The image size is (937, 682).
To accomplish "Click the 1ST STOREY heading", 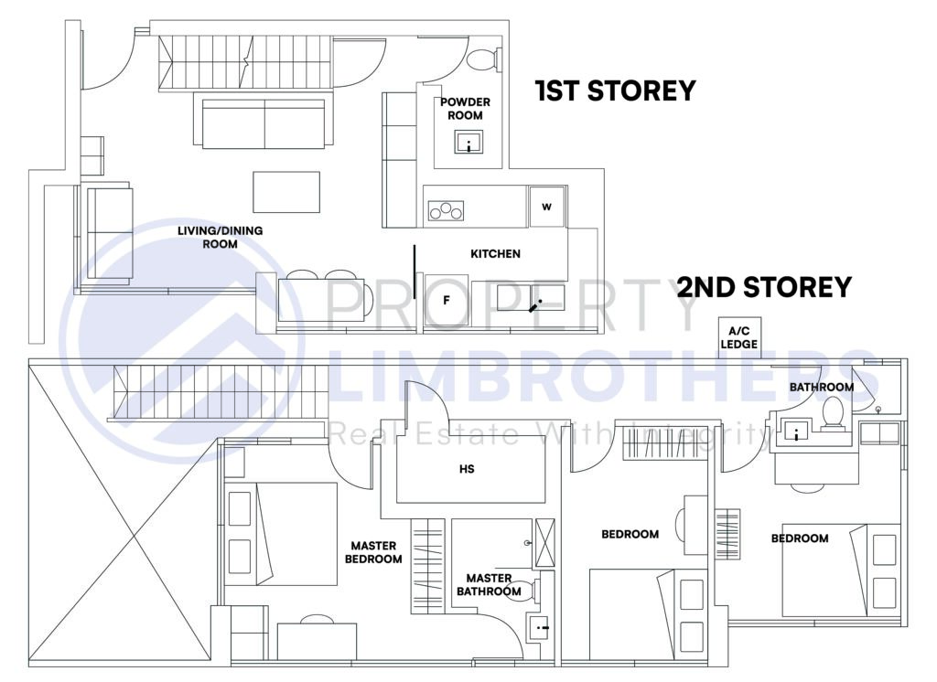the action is [x=616, y=91].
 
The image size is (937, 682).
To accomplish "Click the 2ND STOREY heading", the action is [x=764, y=287].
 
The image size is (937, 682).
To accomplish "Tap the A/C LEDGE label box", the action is [x=739, y=337].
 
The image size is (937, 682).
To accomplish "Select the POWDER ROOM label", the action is [x=465, y=109].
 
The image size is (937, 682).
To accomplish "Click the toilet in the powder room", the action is [x=483, y=59].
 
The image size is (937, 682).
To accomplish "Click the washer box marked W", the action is [x=547, y=207].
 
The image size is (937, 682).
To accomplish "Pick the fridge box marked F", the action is [x=447, y=301].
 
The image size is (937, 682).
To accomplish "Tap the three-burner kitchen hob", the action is [x=446, y=211].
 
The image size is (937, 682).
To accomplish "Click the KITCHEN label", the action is [x=495, y=254].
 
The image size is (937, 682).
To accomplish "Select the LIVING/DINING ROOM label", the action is [x=220, y=237].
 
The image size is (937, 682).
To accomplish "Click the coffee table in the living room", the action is [x=286, y=192].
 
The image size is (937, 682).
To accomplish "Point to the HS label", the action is [x=467, y=469].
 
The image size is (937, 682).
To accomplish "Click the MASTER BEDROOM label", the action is [x=373, y=552].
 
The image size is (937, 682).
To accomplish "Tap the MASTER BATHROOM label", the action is [x=489, y=585].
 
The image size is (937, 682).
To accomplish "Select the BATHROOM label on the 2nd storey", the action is [x=822, y=387].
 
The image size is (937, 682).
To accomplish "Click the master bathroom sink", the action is [x=542, y=628].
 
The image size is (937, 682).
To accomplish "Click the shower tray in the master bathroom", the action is [x=544, y=543].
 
